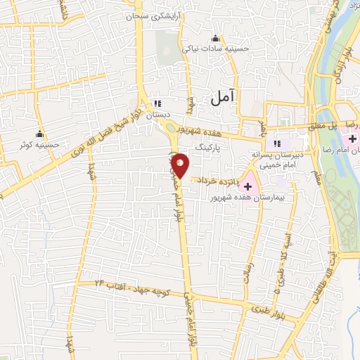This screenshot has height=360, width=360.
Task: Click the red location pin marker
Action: tap(181, 165)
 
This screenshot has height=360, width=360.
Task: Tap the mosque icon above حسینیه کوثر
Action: tap(39, 134)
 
